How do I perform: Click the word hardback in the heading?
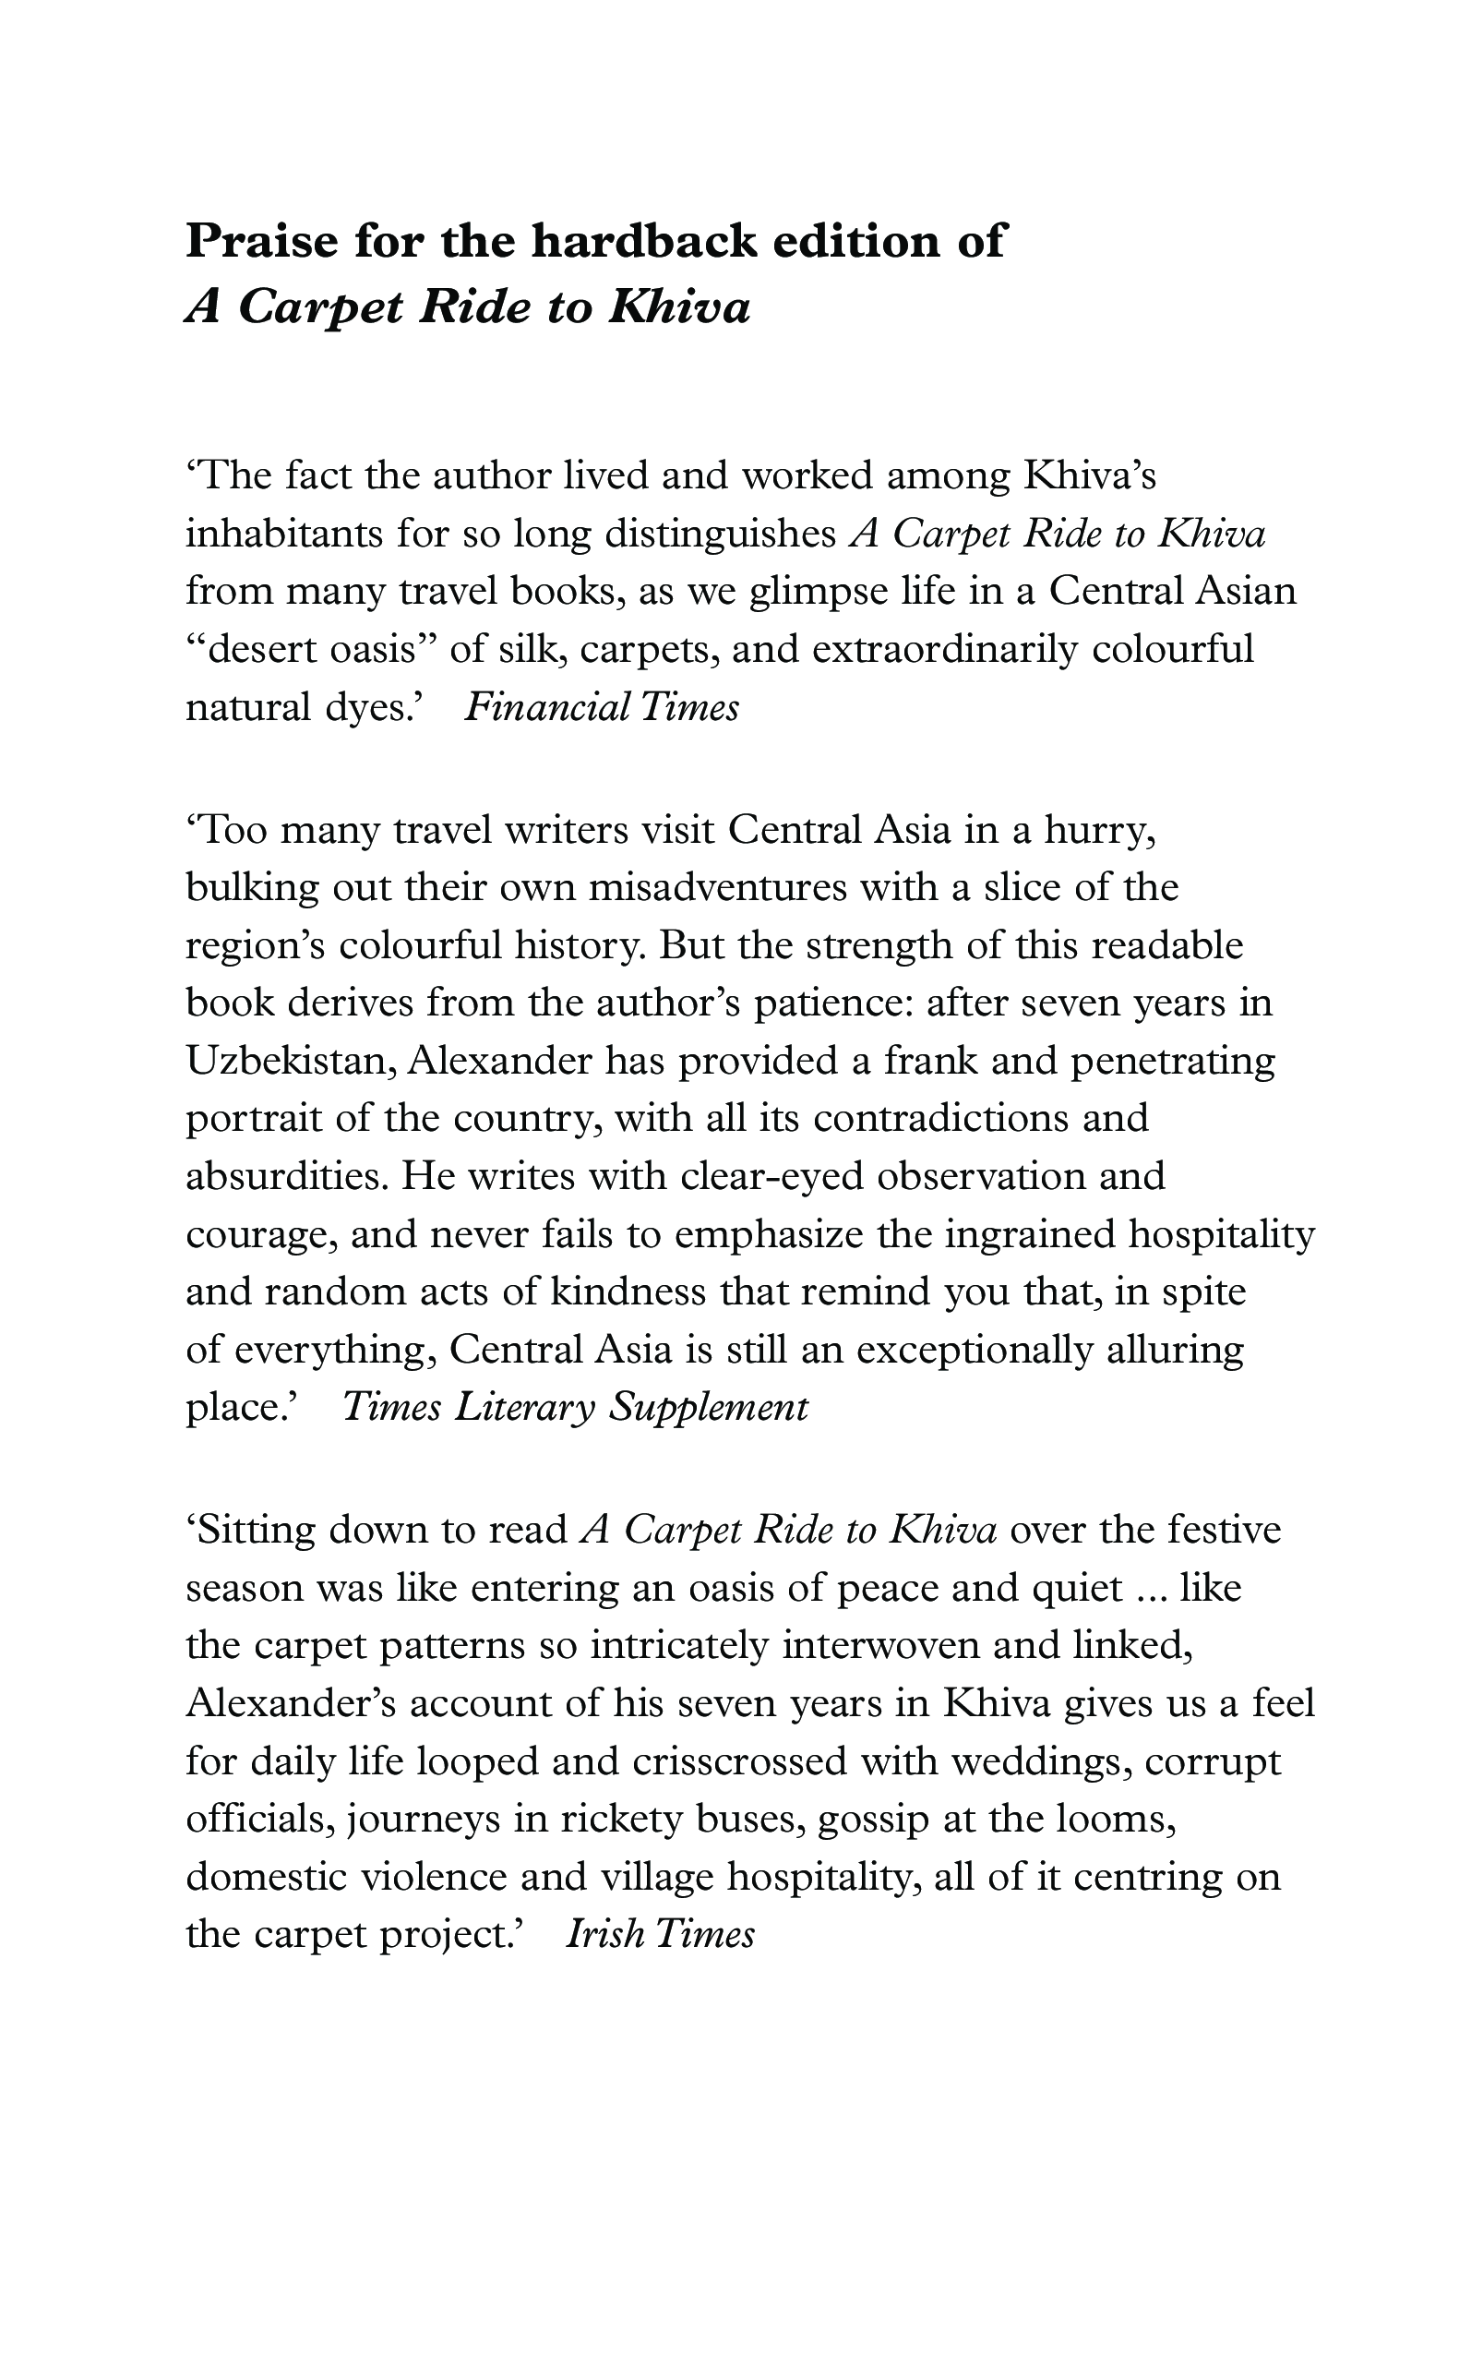click(643, 240)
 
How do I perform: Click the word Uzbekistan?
click(289, 1061)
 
